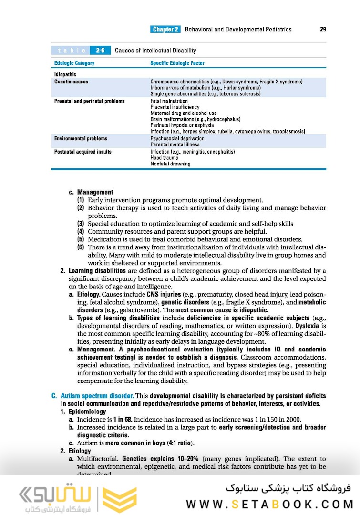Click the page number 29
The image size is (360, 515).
coord(323,30)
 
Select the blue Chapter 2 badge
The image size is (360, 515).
coord(165,30)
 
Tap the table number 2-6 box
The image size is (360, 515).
coord(101,51)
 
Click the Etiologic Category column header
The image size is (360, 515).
coord(74,63)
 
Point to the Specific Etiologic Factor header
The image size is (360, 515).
coord(178,63)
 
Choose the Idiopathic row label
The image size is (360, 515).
coord(65,74)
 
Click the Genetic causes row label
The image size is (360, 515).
coord(71,82)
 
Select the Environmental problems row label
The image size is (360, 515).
coord(81,138)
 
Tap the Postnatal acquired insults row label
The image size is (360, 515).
coord(83,152)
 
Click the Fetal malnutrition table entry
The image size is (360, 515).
coord(169,101)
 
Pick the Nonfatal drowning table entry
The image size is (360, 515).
coord(170,164)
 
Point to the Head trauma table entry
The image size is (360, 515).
coord(164,158)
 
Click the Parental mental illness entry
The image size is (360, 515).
coord(175,144)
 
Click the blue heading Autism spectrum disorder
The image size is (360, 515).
coord(97,396)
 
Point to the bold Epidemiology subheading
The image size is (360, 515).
coord(87,412)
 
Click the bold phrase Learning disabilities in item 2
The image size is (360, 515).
coord(93,271)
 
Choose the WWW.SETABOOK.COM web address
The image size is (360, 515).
coord(269,504)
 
